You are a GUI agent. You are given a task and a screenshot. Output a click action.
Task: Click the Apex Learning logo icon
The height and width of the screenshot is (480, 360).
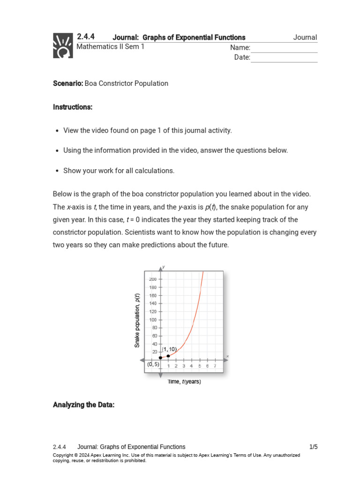(x=63, y=45)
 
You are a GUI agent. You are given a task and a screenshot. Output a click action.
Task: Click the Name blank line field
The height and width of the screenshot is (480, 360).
(x=284, y=48)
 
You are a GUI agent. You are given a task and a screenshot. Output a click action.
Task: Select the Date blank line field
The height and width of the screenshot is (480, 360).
(x=284, y=58)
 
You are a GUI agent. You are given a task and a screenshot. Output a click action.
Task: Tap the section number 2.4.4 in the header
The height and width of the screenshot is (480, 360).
(x=86, y=37)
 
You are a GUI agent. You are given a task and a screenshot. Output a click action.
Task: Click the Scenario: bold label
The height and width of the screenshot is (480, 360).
(x=68, y=83)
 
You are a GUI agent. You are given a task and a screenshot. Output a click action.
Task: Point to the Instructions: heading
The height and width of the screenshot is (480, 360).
(x=73, y=107)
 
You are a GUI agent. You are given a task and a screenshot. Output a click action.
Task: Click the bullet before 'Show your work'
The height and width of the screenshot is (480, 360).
(x=57, y=171)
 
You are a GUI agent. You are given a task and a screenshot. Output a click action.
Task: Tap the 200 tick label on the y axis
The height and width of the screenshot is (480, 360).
(x=153, y=279)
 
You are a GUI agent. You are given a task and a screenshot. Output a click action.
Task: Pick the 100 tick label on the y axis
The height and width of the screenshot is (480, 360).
(x=153, y=320)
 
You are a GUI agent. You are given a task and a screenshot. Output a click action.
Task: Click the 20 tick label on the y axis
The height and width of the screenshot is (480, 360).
(x=154, y=352)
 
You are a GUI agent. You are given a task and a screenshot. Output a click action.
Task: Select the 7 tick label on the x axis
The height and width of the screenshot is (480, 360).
(x=215, y=366)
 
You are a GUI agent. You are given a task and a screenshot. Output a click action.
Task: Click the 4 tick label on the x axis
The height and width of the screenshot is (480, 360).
(x=192, y=366)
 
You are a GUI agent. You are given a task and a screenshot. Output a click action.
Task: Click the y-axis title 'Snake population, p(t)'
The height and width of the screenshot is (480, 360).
(x=137, y=320)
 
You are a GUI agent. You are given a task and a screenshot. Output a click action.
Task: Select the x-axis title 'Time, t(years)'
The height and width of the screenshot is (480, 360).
(x=184, y=382)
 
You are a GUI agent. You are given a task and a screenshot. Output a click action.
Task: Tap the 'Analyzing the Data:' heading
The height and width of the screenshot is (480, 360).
(x=83, y=405)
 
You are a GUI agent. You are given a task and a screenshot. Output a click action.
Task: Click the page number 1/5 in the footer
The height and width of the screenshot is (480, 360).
(x=313, y=447)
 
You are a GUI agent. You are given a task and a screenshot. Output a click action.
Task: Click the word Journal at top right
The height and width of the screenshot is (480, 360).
(x=305, y=37)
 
